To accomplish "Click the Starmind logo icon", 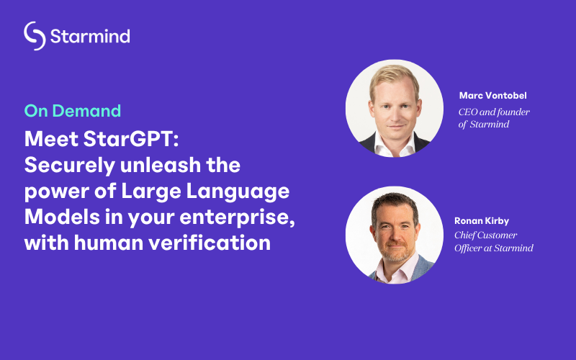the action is (35, 35).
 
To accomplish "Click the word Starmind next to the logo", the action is (90, 37).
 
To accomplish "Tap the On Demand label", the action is (73, 111).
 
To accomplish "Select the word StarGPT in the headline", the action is (131, 139).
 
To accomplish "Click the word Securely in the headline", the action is (70, 166).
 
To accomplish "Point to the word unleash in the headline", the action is (161, 165).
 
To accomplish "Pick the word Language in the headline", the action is (238, 192).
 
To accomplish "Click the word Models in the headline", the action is (62, 217).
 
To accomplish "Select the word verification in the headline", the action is (210, 243).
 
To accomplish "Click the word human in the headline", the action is (109, 243).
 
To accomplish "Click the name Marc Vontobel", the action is (492, 96).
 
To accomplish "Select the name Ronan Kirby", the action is (482, 221).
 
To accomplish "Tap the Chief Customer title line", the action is (485, 235).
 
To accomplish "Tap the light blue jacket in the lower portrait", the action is (423, 267).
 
